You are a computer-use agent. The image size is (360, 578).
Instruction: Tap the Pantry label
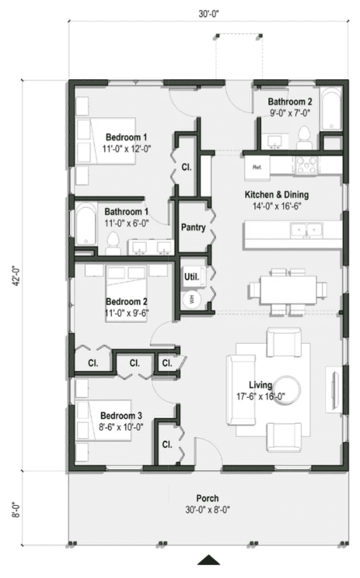click(x=192, y=227)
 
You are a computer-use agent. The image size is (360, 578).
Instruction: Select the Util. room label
click(x=191, y=276)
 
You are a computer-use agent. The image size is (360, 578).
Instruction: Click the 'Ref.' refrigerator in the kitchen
click(x=255, y=165)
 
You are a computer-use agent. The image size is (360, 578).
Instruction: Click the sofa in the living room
click(x=240, y=389)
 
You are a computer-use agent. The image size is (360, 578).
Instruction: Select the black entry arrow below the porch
click(x=208, y=561)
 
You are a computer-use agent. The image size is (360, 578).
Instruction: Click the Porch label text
click(x=207, y=498)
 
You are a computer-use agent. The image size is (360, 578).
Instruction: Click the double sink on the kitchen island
click(x=304, y=230)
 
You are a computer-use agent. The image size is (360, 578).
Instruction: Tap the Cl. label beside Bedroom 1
click(x=187, y=167)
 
